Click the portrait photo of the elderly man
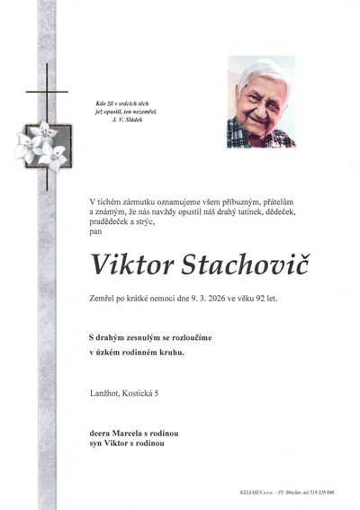pos(261,102)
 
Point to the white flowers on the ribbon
pos(41,147)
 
